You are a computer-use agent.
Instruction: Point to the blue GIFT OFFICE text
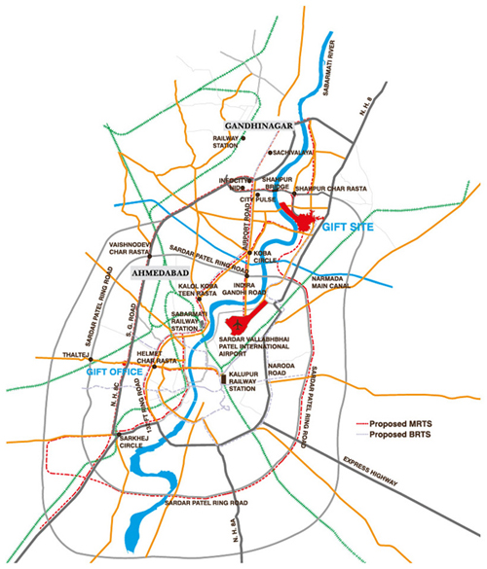pyautogui.click(x=115, y=372)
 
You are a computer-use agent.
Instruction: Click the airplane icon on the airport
pyautogui.click(x=235, y=322)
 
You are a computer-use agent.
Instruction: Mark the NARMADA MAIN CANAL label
pyautogui.click(x=334, y=283)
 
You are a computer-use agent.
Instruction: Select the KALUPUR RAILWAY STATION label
pyautogui.click(x=250, y=382)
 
